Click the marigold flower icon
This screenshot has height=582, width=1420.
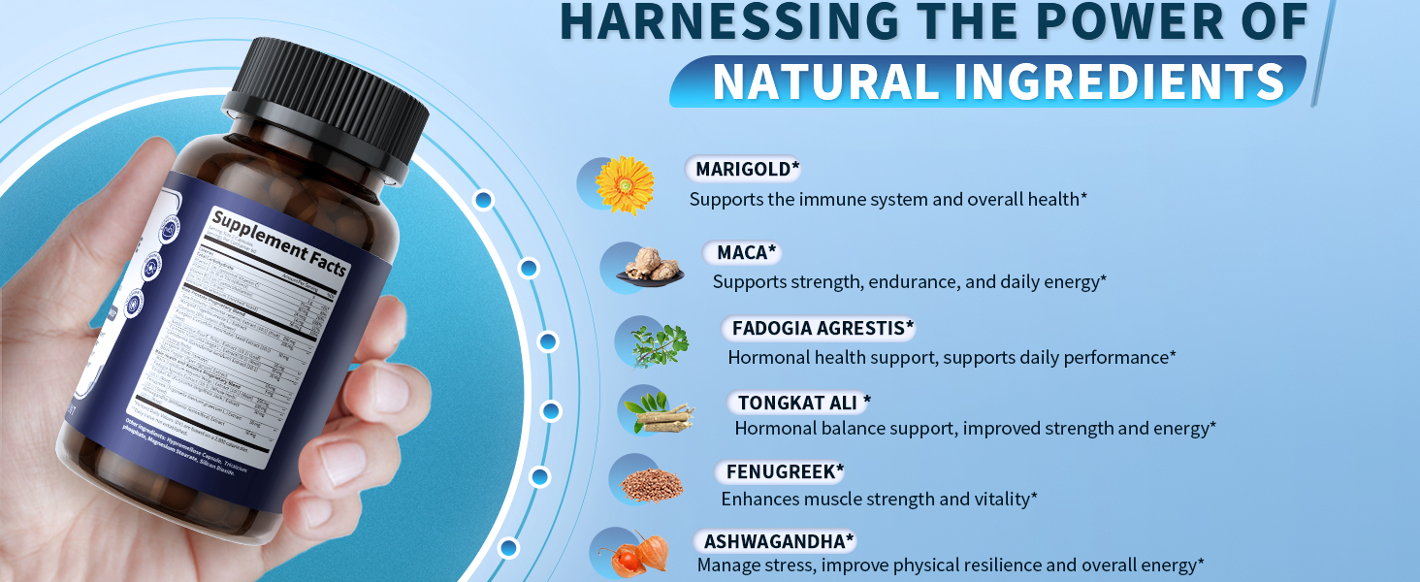625,184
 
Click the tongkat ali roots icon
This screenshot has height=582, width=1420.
660,412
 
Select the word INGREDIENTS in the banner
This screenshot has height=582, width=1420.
1118,81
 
